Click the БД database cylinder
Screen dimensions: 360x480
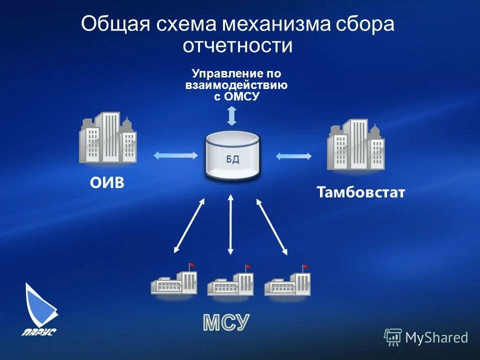pyautogui.click(x=232, y=156)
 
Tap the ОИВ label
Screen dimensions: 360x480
pyautogui.click(x=107, y=183)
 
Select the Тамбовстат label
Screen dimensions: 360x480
pyautogui.click(x=360, y=193)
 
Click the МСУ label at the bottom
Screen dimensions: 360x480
pyautogui.click(x=226, y=323)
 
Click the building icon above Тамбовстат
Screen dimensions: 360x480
pyautogui.click(x=355, y=144)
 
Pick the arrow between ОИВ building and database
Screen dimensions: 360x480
pyautogui.click(x=175, y=155)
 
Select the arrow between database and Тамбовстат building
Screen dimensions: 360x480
pyautogui.click(x=293, y=156)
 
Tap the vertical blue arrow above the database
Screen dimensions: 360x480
pyautogui.click(x=231, y=114)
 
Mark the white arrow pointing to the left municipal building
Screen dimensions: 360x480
pyautogui.click(x=189, y=224)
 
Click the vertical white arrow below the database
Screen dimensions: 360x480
pyautogui.click(x=230, y=224)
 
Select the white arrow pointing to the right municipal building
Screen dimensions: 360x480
pyautogui.click(x=272, y=225)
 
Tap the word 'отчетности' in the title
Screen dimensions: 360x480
pyautogui.click(x=237, y=45)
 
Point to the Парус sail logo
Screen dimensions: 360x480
pyautogui.click(x=40, y=307)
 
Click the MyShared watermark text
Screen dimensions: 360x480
pyautogui.click(x=436, y=337)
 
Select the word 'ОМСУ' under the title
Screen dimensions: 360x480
pyautogui.click(x=242, y=96)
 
